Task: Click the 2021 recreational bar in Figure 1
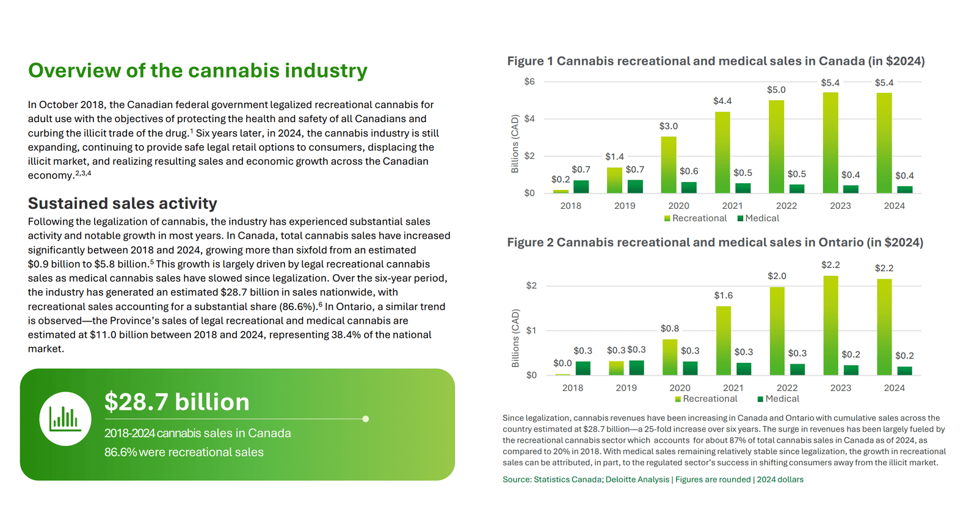[x=722, y=153]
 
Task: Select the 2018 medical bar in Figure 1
[x=581, y=186]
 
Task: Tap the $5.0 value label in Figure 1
[x=776, y=90]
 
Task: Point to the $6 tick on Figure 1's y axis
[x=529, y=81]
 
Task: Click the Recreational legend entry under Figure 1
[x=696, y=218]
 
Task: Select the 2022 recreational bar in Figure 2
[x=777, y=331]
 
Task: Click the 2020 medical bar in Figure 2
[x=690, y=368]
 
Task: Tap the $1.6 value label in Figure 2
[x=723, y=296]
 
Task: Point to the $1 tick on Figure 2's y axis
[x=531, y=330]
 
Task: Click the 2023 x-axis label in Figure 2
[x=840, y=388]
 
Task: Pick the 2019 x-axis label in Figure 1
[x=625, y=206]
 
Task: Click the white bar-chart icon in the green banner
[x=65, y=419]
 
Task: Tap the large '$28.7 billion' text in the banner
[x=177, y=402]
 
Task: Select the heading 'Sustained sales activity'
[x=123, y=203]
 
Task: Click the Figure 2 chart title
[x=715, y=242]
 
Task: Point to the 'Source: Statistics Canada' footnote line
[x=653, y=479]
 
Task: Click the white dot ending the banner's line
[x=365, y=419]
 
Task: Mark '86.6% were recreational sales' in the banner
[x=184, y=452]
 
